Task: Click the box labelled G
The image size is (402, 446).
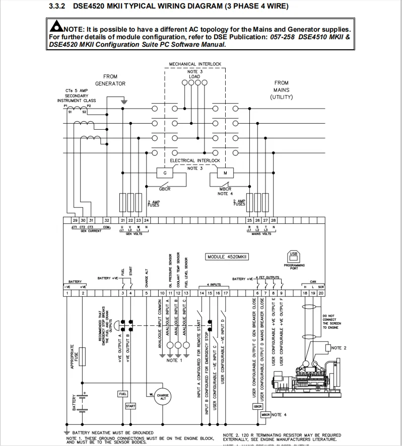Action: [x=165, y=173]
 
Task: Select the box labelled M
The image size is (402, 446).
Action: [x=225, y=173]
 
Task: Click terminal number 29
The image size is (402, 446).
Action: [x=75, y=220]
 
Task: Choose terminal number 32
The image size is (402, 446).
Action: [x=106, y=220]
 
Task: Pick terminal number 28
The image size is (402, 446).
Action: [x=274, y=220]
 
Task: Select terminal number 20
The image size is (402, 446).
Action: [x=321, y=293]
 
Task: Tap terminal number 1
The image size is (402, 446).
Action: [x=67, y=293]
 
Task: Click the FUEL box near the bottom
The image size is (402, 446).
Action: [x=122, y=393]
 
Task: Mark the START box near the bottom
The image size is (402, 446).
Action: [x=130, y=406]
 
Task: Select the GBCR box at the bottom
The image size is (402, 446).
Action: [x=257, y=406]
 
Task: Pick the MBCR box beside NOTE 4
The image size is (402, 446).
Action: [x=265, y=415]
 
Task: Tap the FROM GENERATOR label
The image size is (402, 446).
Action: [x=110, y=80]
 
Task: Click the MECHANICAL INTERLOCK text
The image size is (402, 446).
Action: [x=195, y=64]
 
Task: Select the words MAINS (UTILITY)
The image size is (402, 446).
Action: [x=281, y=94]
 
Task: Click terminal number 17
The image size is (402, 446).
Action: [x=226, y=293]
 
